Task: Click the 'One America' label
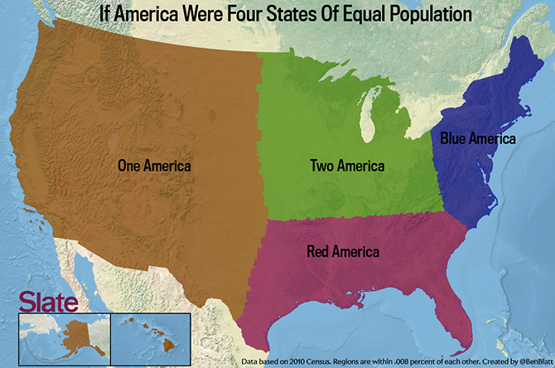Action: click(x=155, y=166)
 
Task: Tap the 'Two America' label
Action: click(x=347, y=166)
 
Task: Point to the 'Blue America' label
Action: click(x=478, y=138)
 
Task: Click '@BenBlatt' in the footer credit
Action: click(x=531, y=361)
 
